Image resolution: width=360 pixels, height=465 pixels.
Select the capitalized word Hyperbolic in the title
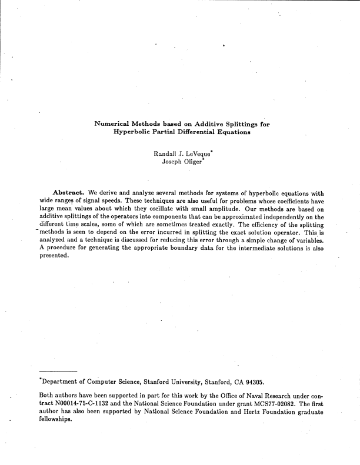point(132,133)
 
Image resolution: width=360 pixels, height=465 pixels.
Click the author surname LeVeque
point(194,154)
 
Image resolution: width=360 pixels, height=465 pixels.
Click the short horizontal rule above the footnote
point(59,372)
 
